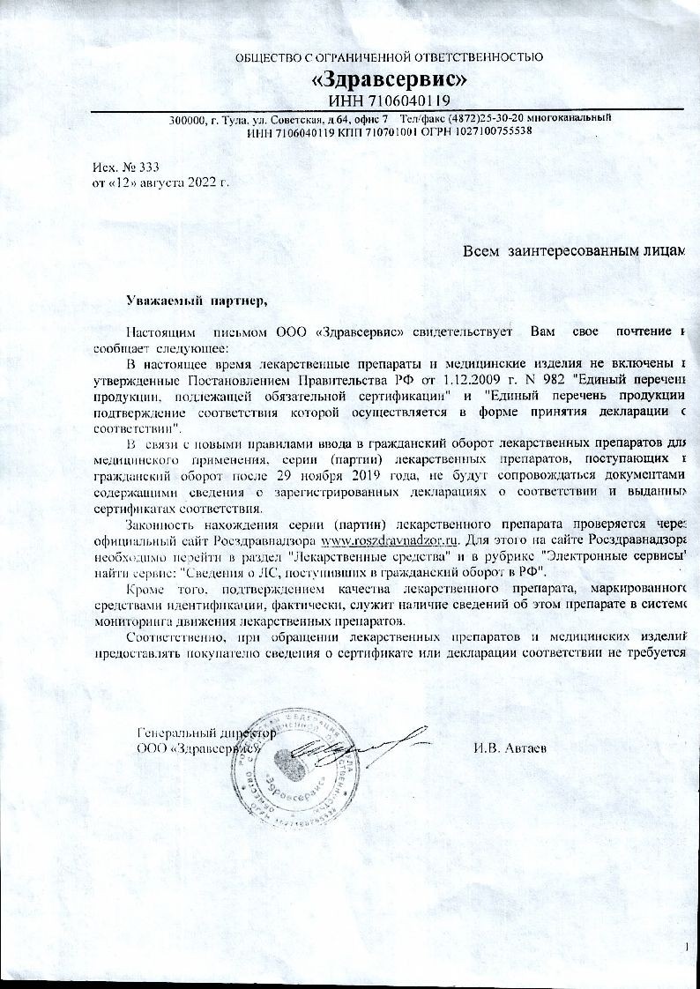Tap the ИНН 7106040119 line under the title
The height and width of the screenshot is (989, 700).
tap(389, 100)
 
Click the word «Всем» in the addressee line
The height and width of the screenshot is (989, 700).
tap(482, 251)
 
